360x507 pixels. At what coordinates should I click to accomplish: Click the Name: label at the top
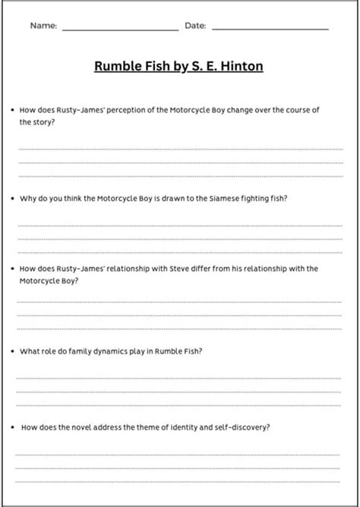pyautogui.click(x=43, y=26)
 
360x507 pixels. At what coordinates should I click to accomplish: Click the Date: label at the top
pyautogui.click(x=195, y=26)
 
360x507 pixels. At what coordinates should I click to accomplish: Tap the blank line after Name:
pyautogui.click(x=120, y=29)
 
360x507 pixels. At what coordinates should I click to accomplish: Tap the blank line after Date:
pyautogui.click(x=270, y=29)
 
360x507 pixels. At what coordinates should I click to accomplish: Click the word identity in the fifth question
pyautogui.click(x=194, y=427)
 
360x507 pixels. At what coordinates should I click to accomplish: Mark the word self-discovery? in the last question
pyautogui.click(x=245, y=427)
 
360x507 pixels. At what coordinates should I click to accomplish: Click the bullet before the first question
pyautogui.click(x=13, y=110)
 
